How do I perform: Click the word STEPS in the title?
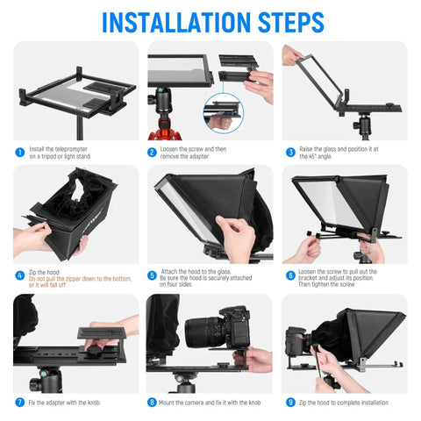click(289, 21)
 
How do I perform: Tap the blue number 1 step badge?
click(18, 152)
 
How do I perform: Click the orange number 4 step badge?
click(18, 275)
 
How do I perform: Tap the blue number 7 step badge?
click(18, 402)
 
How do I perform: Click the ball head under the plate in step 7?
click(40, 382)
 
